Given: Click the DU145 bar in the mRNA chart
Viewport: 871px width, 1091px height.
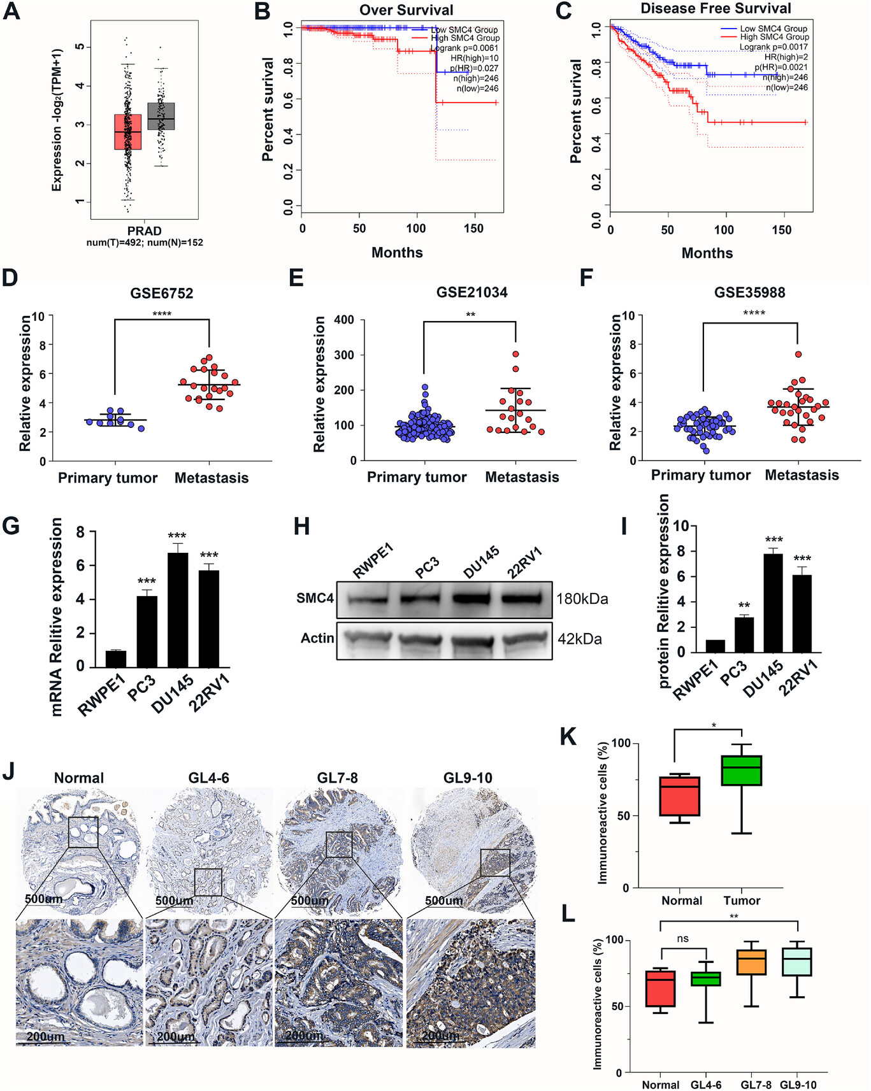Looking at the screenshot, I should click(178, 610).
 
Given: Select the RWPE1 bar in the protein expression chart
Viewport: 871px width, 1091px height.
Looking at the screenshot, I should click(715, 646).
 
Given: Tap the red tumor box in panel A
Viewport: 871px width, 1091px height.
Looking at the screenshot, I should click(128, 132).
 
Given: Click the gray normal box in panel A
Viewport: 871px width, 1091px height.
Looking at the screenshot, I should click(161, 116).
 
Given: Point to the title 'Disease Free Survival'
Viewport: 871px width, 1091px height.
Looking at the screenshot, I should click(716, 9).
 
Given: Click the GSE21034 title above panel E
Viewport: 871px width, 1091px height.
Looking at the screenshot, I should click(471, 293).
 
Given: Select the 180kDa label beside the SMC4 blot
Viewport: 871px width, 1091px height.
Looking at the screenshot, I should click(582, 599).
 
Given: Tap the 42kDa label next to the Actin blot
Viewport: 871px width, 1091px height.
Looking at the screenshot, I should click(579, 639).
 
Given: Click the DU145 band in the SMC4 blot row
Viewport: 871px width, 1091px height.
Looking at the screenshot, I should click(475, 599).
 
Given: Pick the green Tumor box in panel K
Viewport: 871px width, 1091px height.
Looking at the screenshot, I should click(742, 770).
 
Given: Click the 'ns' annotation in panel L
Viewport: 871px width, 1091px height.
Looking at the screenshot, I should click(682, 939).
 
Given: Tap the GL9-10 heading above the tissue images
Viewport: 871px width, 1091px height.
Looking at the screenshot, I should click(468, 778).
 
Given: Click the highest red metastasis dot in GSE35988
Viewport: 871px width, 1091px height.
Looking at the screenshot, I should click(798, 354).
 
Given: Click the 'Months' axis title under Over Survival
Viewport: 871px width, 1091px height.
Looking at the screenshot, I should click(397, 253).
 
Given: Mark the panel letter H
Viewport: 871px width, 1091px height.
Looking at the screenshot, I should click(301, 527).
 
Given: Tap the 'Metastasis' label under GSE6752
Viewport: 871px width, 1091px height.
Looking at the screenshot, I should click(212, 478).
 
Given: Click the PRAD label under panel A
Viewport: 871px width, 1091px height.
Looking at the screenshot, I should click(144, 231).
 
